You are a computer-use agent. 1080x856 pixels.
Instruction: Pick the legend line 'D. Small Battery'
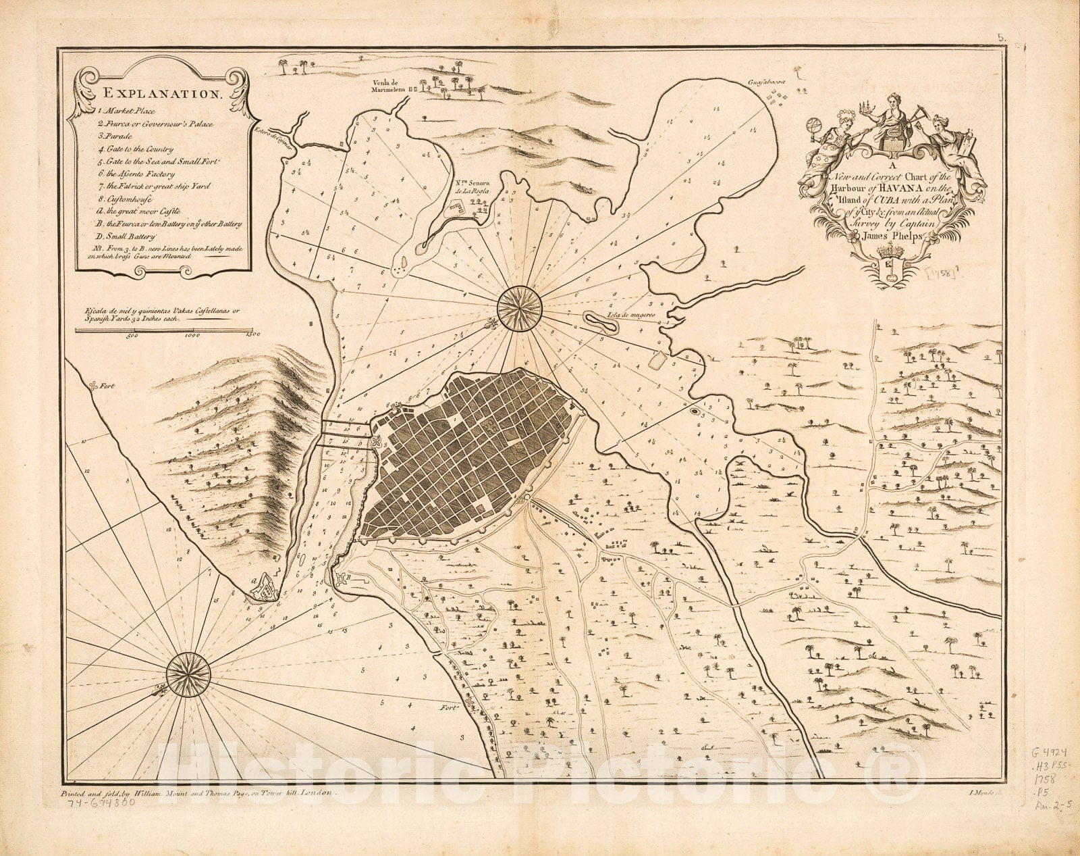coord(128,237)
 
